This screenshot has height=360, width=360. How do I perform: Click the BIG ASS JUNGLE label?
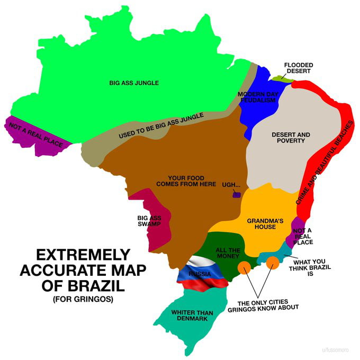pyautogui.click(x=134, y=83)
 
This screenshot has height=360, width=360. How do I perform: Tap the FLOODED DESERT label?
pyautogui.click(x=298, y=68)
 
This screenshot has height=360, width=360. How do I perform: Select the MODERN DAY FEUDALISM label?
pyautogui.click(x=258, y=97)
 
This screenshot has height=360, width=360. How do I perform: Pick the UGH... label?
pyautogui.click(x=231, y=185)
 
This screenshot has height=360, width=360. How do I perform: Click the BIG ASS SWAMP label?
pyautogui.click(x=149, y=221)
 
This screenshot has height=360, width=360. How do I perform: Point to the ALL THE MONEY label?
pyautogui.click(x=228, y=253)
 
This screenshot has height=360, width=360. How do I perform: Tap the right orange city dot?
pyautogui.click(x=273, y=262)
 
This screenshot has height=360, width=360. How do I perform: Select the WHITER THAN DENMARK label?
pyautogui.click(x=192, y=316)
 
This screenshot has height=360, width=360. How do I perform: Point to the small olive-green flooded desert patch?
pyautogui.click(x=281, y=78)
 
